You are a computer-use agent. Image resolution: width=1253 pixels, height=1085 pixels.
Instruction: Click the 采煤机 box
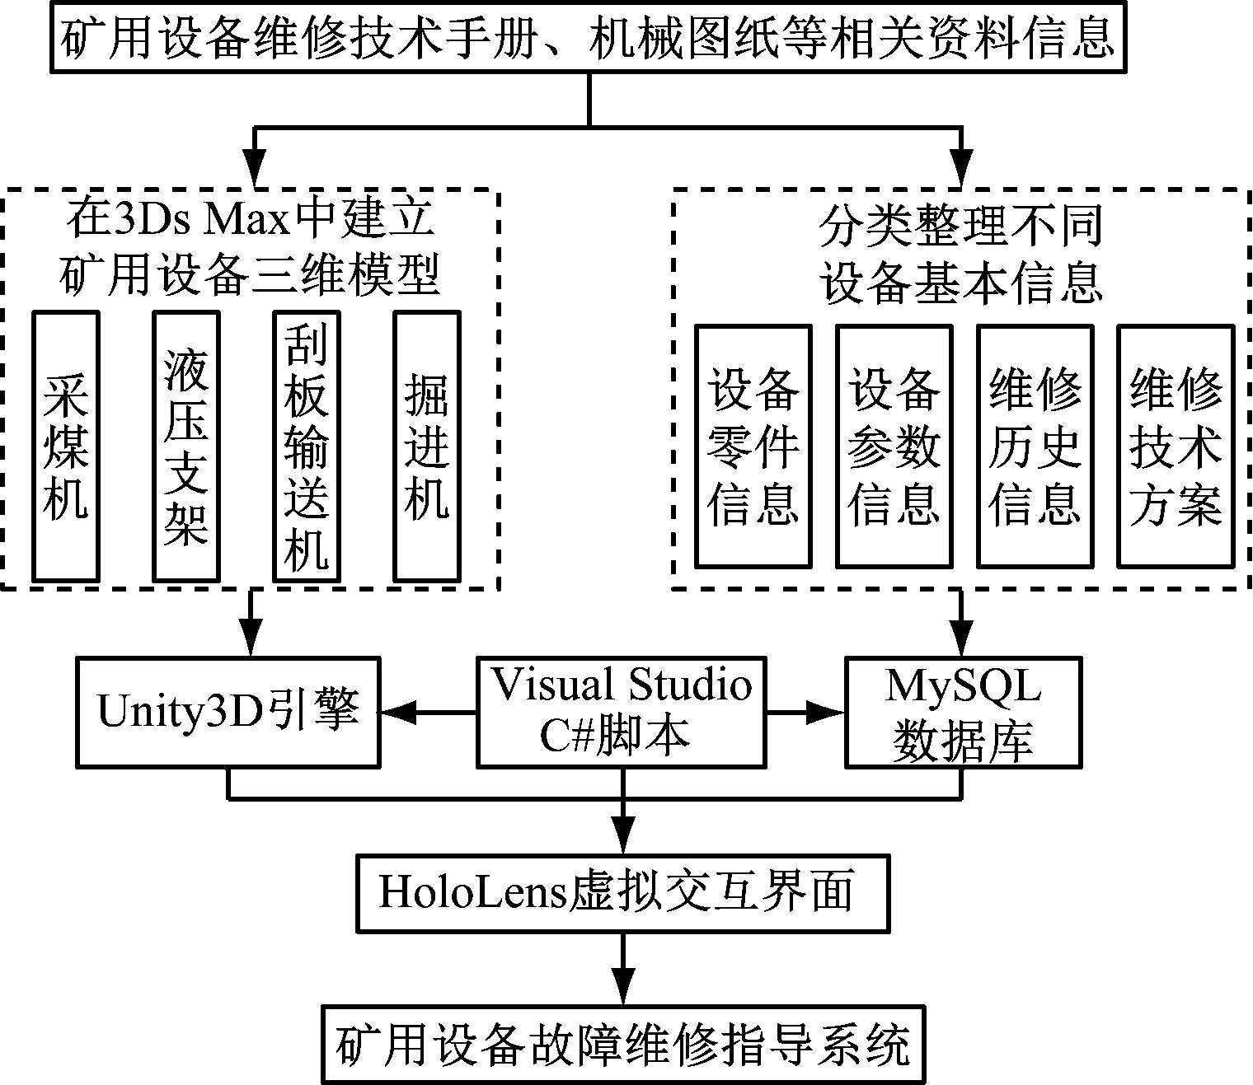[x=65, y=446]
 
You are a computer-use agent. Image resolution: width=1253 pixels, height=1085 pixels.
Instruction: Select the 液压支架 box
[x=185, y=446]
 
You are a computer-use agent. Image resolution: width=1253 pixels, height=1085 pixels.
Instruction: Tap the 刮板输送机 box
[x=307, y=446]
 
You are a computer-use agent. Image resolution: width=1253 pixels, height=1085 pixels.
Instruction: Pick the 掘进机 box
[x=427, y=446]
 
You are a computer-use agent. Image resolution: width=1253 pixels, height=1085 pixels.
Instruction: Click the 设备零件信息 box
[x=753, y=446]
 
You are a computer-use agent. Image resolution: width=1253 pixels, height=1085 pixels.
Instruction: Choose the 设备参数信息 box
[x=894, y=446]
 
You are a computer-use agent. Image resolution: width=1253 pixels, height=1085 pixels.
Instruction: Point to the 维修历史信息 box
[x=1035, y=446]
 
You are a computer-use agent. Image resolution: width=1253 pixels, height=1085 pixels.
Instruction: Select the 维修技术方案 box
[x=1176, y=446]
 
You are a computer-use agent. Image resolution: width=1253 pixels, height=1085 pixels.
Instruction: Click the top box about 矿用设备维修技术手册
[x=589, y=38]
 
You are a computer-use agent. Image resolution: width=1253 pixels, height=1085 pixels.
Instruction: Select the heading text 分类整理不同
[x=961, y=226]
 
